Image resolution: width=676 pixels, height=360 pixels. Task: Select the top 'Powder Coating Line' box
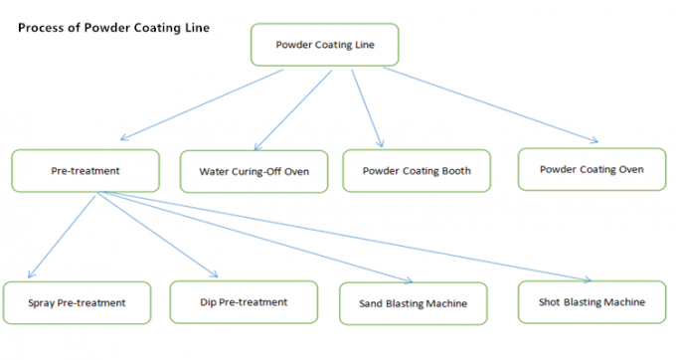click(x=324, y=45)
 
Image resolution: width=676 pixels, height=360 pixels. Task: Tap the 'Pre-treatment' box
click(x=85, y=170)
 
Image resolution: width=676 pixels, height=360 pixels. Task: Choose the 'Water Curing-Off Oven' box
click(x=254, y=171)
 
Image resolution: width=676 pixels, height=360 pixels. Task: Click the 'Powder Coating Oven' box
click(x=591, y=169)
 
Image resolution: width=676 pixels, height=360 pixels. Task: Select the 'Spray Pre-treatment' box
click(x=78, y=302)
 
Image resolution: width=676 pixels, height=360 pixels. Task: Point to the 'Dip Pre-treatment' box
click(x=244, y=301)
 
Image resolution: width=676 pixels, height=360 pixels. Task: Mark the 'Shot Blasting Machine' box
click(x=592, y=302)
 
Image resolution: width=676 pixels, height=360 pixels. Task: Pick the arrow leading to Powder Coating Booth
click(x=365, y=106)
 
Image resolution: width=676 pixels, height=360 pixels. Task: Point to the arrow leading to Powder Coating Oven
click(x=492, y=105)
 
